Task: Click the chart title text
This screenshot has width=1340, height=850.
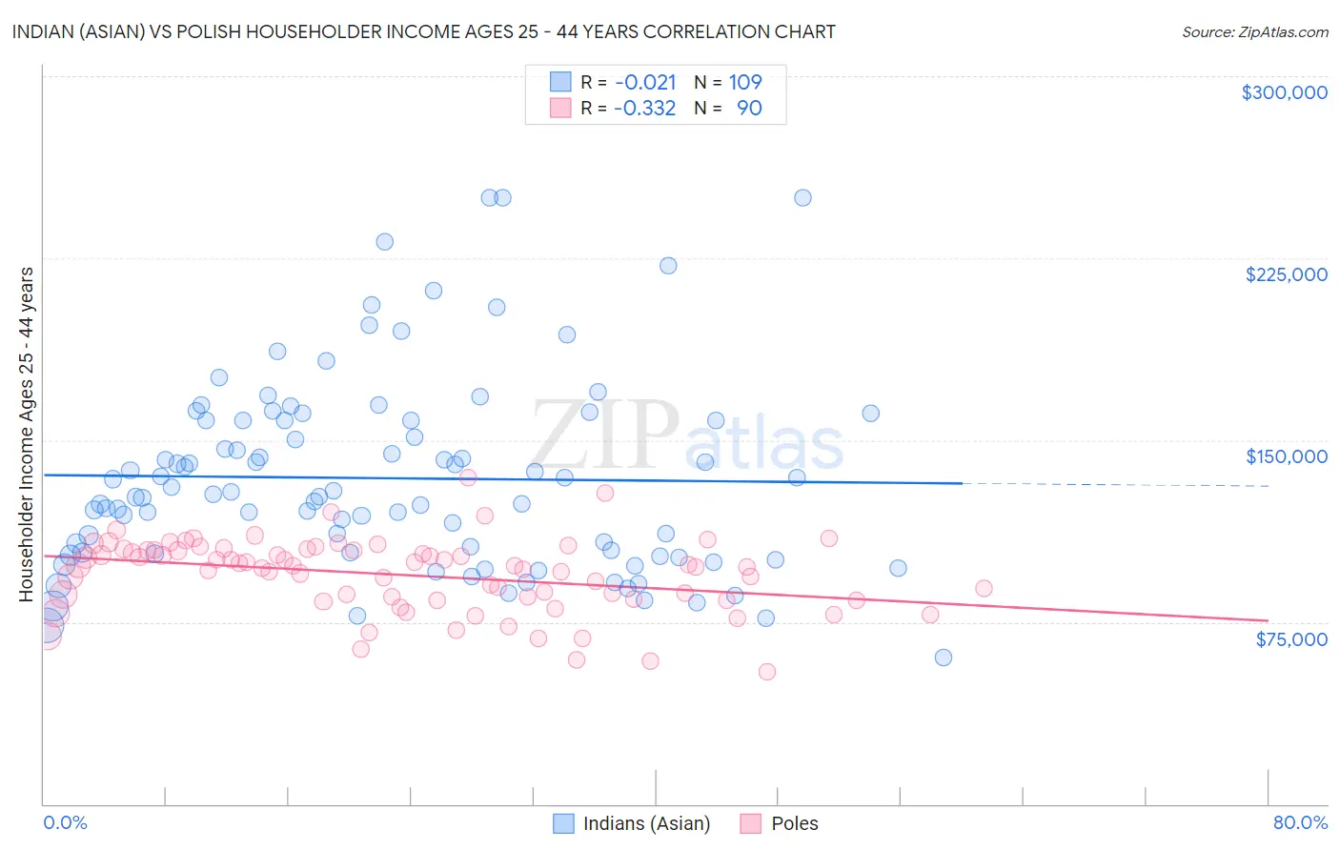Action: pos(423,31)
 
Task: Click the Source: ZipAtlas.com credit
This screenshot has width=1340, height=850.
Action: pos(1254,31)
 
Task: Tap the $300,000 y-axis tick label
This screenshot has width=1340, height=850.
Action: pos(1284,92)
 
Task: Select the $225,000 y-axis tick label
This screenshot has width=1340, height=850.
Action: pos(1286,274)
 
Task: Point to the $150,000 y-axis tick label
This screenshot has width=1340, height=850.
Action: pos(1286,456)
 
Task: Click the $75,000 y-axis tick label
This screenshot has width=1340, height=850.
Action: pos(1290,639)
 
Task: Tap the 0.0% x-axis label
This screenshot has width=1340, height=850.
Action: pos(65,822)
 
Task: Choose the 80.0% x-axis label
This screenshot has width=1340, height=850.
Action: pos(1300,822)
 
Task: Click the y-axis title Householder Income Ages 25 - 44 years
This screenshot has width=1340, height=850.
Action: pos(27,435)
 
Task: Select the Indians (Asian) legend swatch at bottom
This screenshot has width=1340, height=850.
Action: pos(563,823)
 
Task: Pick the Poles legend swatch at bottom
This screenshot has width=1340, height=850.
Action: pos(751,823)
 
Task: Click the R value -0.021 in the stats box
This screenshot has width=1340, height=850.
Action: pos(645,83)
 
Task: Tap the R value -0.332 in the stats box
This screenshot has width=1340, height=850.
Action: pos(644,109)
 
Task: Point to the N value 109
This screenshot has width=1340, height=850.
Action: pos(745,83)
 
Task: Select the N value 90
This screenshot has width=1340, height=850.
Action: pos(749,109)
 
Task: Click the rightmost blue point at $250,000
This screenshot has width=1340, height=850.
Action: pos(802,198)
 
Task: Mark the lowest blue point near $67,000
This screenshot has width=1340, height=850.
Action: pos(944,658)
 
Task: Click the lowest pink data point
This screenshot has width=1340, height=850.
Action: pos(767,672)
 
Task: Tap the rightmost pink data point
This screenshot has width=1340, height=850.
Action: pos(984,589)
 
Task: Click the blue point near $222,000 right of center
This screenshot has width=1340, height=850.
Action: pos(668,266)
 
